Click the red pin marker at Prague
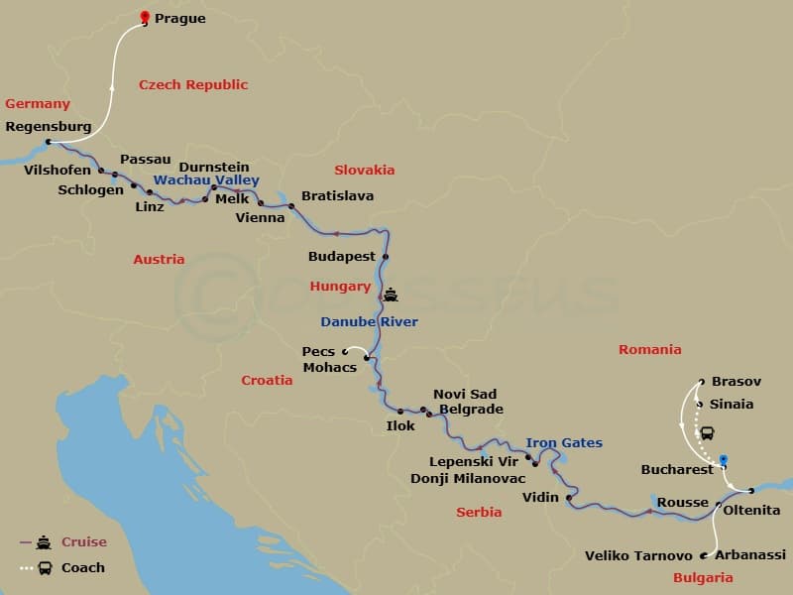[146, 17]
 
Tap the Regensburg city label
[48, 127]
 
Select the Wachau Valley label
[206, 180]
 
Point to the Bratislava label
[337, 196]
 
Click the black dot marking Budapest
[386, 257]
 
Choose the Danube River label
[369, 322]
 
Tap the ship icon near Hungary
[392, 295]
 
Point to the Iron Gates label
[564, 443]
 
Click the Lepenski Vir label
[475, 461]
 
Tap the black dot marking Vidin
[569, 498]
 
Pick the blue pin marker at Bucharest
[724, 461]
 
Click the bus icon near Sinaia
[708, 433]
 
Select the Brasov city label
[736, 382]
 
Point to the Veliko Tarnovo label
[638, 555]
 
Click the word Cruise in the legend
[83, 542]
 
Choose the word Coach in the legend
[82, 568]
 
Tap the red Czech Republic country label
[192, 85]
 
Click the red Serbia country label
[479, 513]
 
